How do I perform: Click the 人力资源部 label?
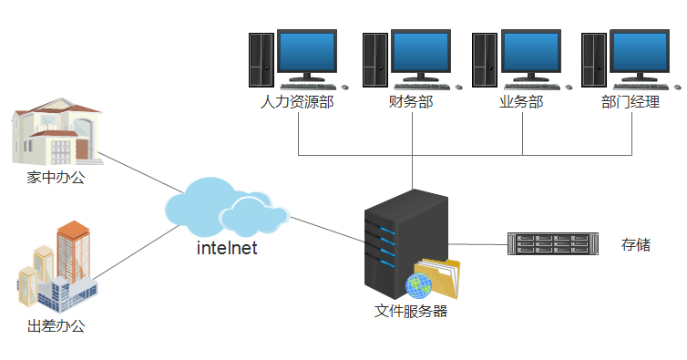(297, 102)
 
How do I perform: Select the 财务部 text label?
(410, 102)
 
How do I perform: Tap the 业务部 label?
(521, 102)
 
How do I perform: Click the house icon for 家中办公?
(56, 135)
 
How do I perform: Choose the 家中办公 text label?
(56, 178)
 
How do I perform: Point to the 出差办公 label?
(56, 325)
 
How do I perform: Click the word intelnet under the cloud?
(227, 247)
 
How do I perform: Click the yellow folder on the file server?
(438, 278)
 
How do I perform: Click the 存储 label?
(635, 244)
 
